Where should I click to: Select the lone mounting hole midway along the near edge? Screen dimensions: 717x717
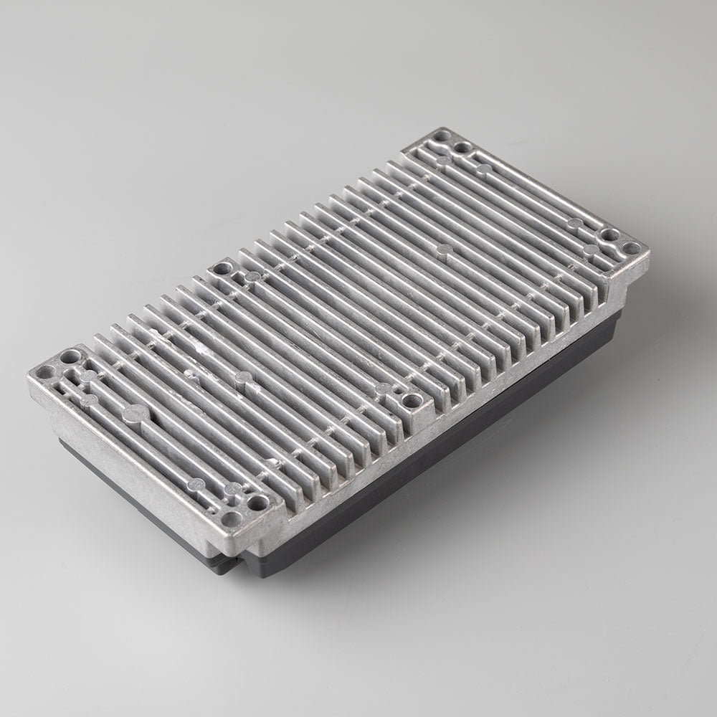[410, 399]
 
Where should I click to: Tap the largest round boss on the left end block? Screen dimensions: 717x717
[136, 412]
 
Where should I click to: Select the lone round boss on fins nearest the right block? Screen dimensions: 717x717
[445, 250]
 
